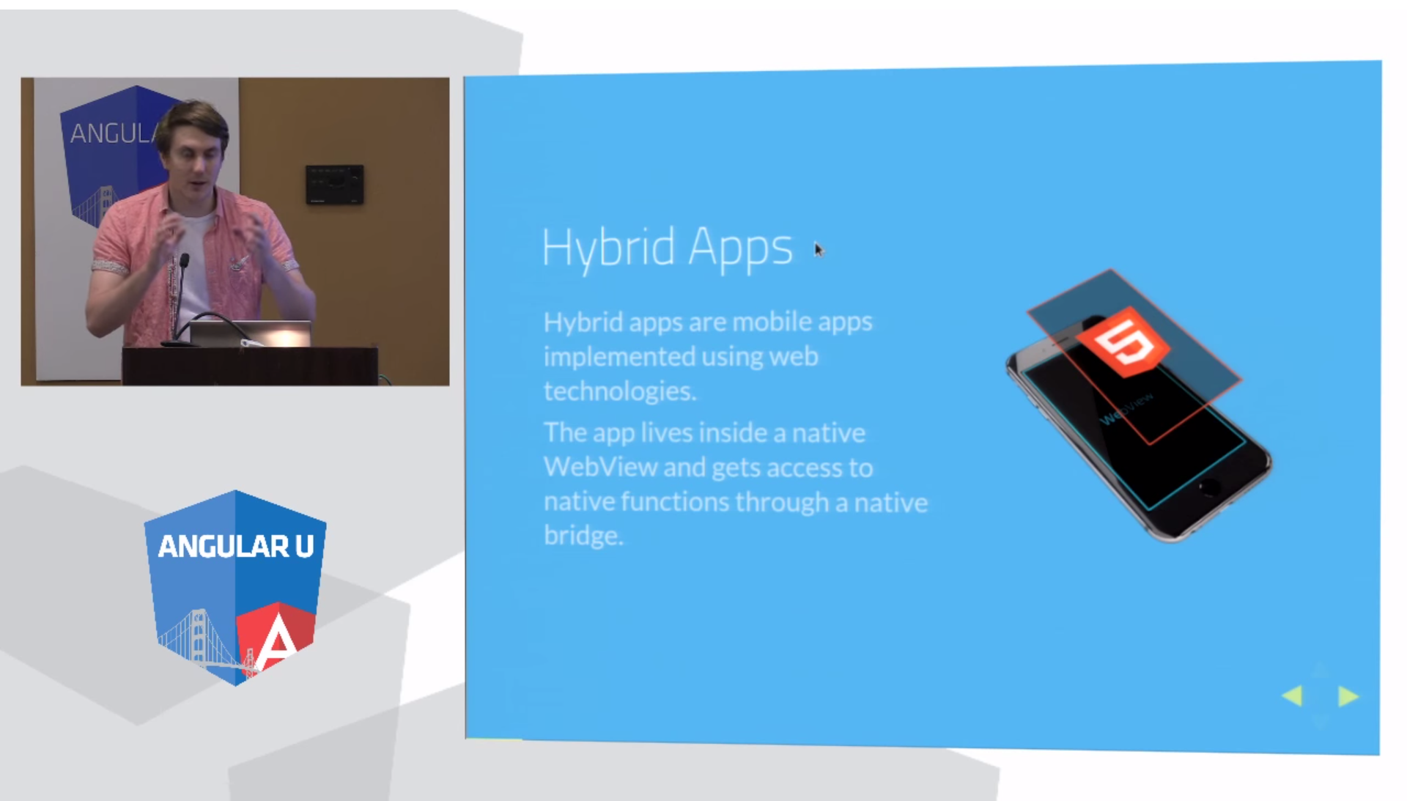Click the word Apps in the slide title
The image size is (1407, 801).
point(740,249)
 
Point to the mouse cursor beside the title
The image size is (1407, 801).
point(819,250)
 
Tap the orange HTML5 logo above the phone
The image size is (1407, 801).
point(1123,342)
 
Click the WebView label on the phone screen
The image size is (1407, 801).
point(1127,408)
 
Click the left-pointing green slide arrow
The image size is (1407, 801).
point(1292,695)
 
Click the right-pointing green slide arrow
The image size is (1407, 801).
point(1348,695)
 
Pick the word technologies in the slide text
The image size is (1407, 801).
point(620,391)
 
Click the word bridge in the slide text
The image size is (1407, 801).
point(583,535)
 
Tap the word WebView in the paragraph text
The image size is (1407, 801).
point(600,467)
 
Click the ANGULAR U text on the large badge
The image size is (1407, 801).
point(236,546)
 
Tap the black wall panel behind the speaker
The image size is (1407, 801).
point(335,184)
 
